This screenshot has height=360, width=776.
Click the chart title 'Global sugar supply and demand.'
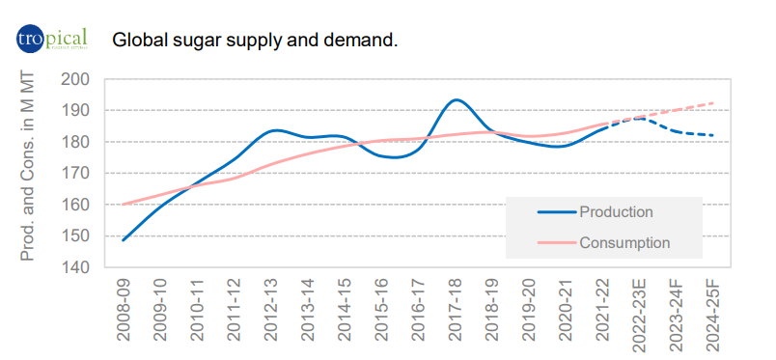(x=255, y=41)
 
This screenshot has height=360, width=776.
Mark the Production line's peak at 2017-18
(x=457, y=99)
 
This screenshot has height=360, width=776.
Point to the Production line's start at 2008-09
(x=124, y=239)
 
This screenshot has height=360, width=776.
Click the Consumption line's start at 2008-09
(x=124, y=204)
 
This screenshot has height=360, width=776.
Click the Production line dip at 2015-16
(x=383, y=156)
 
